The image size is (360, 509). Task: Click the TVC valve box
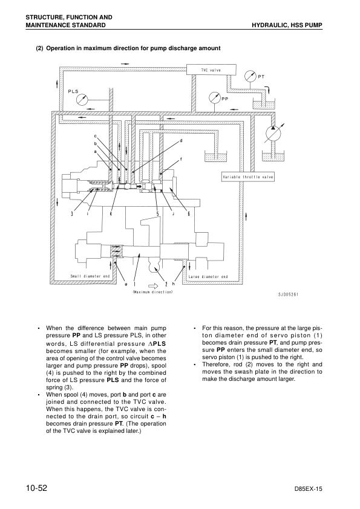[x=212, y=70]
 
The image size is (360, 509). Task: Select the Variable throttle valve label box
[x=248, y=177]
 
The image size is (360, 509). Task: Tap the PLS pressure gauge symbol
[x=82, y=99]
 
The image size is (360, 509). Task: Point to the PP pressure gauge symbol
[x=215, y=98]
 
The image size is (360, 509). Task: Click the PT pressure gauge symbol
[x=250, y=76]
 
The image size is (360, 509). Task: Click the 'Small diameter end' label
[x=90, y=276]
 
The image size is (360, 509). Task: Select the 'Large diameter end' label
[x=208, y=277]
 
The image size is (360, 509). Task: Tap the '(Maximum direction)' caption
[x=153, y=292]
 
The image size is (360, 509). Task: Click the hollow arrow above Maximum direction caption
[x=153, y=285]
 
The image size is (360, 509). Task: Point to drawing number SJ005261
[x=288, y=294]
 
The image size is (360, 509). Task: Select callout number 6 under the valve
[x=189, y=213]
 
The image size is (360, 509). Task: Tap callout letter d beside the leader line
[x=181, y=141]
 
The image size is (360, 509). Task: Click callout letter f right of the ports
[x=181, y=159]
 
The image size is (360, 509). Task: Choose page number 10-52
[x=37, y=488]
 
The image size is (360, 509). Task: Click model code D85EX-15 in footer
[x=308, y=489]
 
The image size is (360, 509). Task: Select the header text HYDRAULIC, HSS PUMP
[x=287, y=25]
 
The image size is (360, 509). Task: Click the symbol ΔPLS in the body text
[x=157, y=343]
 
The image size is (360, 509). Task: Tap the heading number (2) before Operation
[x=39, y=48]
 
